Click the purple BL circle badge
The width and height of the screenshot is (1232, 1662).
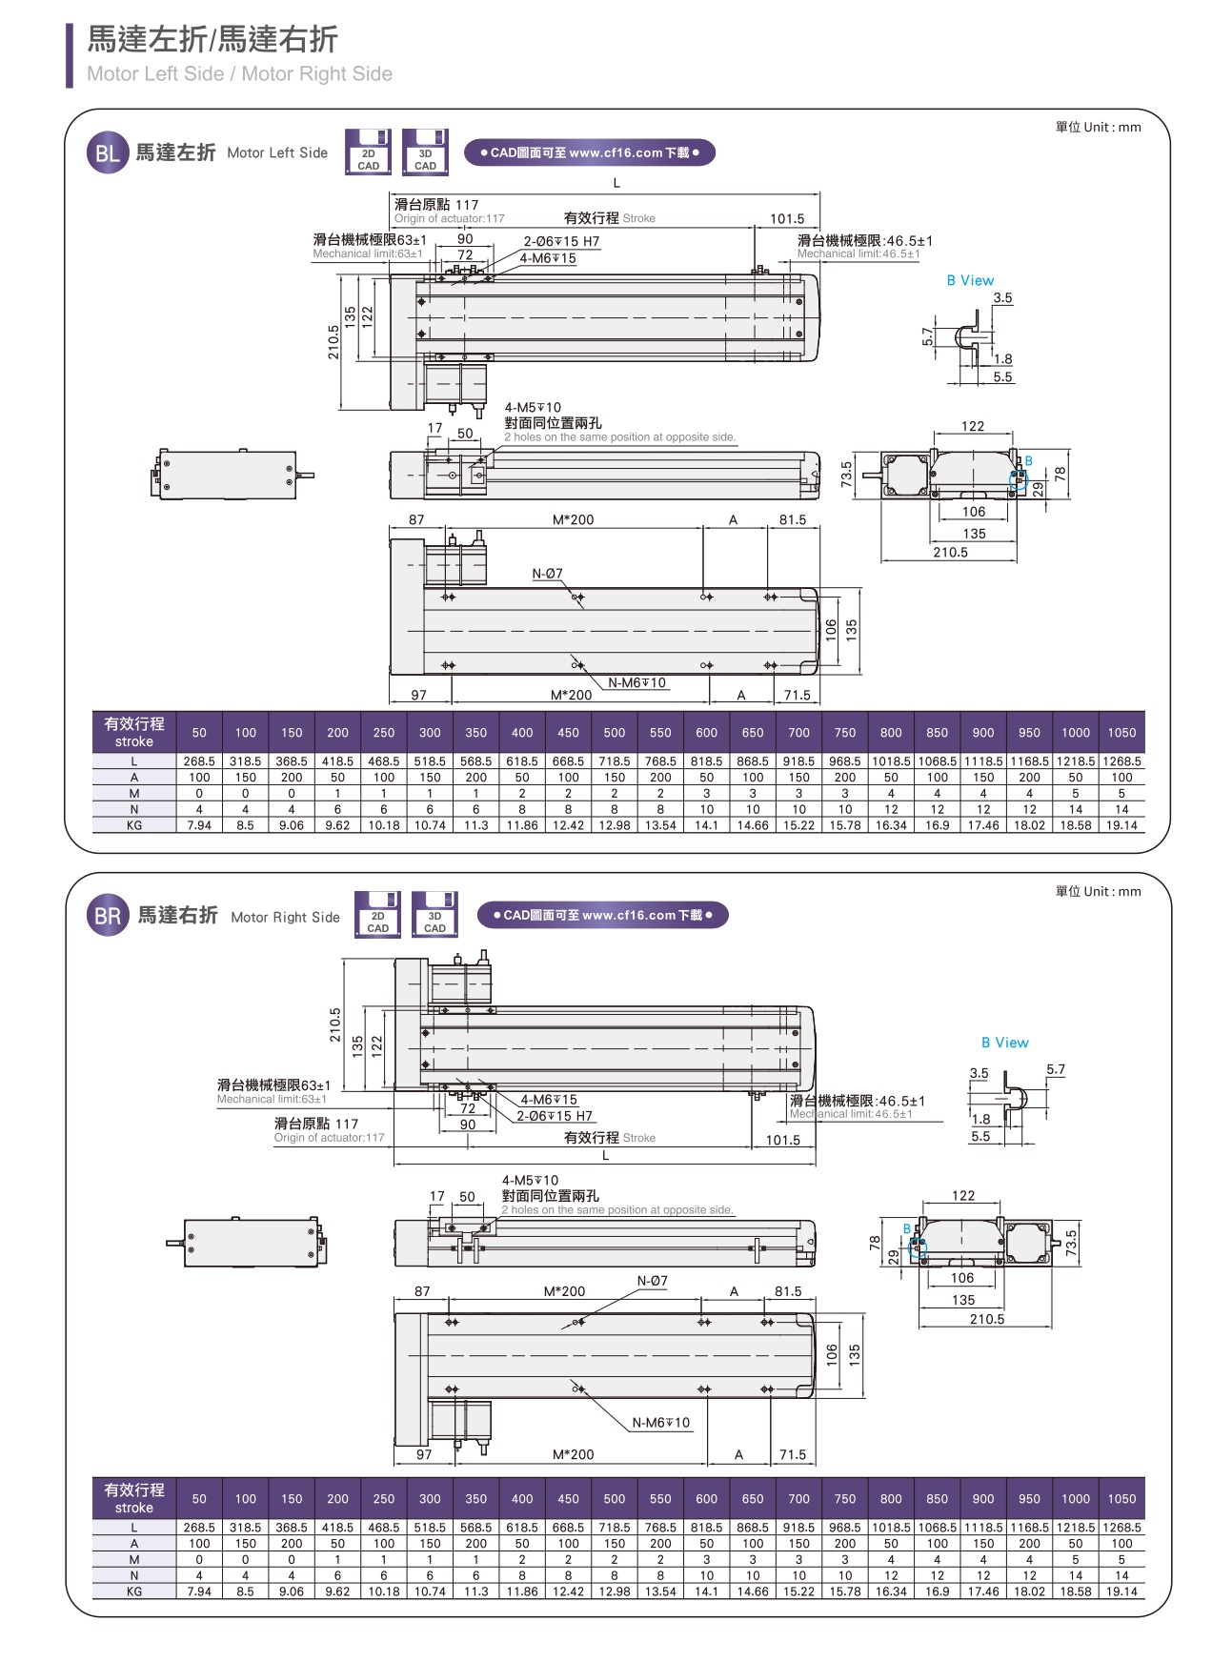click(x=107, y=152)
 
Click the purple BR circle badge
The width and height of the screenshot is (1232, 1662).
click(x=108, y=916)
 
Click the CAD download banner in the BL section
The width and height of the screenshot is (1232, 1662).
click(x=589, y=152)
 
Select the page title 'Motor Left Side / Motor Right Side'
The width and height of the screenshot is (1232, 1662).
click(x=239, y=74)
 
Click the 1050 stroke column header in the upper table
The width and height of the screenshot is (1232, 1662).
click(x=1121, y=733)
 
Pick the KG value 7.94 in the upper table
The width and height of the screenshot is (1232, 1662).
click(x=199, y=825)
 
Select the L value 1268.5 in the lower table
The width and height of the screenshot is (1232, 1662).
click(x=1121, y=1528)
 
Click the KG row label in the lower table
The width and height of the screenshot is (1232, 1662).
click(x=134, y=1591)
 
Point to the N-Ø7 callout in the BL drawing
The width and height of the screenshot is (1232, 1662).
click(x=547, y=574)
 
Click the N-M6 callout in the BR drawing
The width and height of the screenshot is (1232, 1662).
click(x=661, y=1423)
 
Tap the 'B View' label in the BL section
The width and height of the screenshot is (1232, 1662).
click(x=970, y=280)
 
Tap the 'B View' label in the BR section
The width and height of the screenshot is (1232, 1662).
click(x=1005, y=1043)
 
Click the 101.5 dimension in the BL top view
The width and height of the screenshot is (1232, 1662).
click(x=787, y=219)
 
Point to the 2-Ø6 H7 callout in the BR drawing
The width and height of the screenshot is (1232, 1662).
click(x=555, y=1116)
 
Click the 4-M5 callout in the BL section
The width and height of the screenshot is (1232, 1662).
click(x=533, y=408)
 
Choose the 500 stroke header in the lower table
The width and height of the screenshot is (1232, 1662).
click(x=615, y=1499)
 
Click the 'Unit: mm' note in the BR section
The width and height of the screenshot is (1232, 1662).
click(x=1098, y=892)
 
